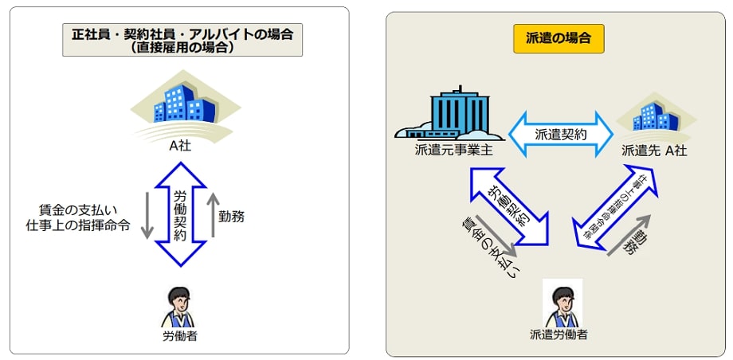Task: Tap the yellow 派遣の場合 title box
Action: pos(558,37)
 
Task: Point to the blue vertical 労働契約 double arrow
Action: pos(181,214)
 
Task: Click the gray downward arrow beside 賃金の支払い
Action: pos(147,215)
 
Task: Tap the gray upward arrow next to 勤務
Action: pos(212,215)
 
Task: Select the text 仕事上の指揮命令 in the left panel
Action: pos(78,225)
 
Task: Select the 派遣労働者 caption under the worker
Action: pos(559,335)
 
